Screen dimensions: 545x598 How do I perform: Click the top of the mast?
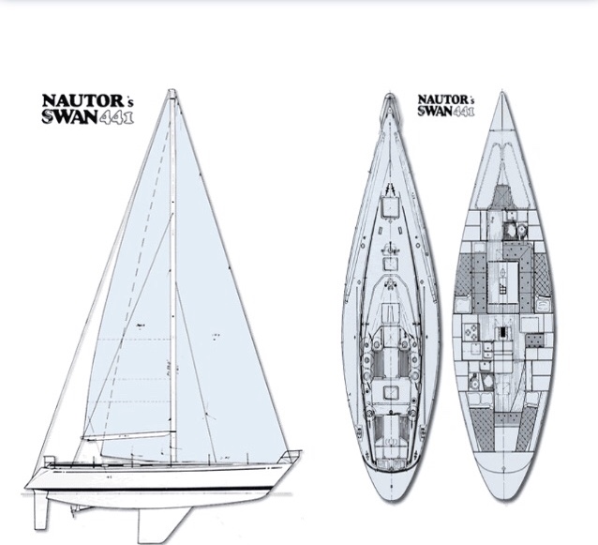172,92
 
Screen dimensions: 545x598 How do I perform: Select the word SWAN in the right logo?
434,111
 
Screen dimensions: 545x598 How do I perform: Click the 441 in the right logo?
463,111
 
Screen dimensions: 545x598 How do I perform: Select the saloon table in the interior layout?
501,277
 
